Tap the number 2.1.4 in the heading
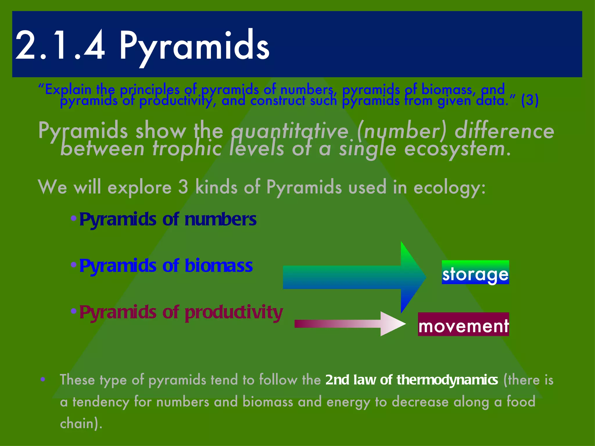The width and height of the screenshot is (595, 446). (60, 46)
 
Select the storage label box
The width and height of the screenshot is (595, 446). (475, 272)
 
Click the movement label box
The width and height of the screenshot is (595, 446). (463, 325)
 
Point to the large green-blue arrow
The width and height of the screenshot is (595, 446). (354, 277)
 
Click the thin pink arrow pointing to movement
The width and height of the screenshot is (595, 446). (349, 324)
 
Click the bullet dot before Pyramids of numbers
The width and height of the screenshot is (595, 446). (74, 218)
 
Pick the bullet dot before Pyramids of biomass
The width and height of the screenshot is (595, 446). (74, 265)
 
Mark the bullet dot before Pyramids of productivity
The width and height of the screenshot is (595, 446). (74, 311)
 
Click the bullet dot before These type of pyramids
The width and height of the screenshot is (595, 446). (43, 379)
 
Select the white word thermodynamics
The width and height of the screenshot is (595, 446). (447, 380)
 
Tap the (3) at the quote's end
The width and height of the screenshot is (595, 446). (530, 100)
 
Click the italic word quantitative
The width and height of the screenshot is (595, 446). (289, 131)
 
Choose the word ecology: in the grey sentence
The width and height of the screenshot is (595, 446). (449, 188)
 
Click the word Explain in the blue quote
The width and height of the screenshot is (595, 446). (68, 89)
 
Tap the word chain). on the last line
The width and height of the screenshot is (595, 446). (81, 423)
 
